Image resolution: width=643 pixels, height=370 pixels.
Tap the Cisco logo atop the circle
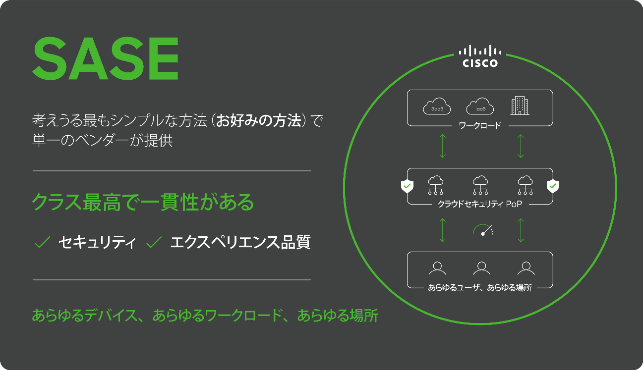480,56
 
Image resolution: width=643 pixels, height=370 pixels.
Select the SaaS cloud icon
437,107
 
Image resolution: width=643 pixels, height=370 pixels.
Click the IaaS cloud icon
480,107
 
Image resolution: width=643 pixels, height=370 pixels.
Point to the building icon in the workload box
520,105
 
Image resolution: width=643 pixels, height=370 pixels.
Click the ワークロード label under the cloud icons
479,125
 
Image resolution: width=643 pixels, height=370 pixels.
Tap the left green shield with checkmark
407,186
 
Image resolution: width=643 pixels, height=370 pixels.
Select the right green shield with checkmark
552,186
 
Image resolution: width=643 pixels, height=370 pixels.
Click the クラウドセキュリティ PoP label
479,204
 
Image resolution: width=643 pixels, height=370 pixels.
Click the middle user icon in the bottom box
481,268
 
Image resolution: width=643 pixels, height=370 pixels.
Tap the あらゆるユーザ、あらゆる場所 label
479,287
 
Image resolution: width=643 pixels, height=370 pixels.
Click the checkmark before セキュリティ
43,242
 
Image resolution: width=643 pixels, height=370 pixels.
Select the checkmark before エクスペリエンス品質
155,242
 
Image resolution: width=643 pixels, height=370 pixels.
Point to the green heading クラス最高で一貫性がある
143,203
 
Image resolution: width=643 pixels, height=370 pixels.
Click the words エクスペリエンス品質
240,242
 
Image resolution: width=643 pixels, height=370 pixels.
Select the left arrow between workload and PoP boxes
443,146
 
